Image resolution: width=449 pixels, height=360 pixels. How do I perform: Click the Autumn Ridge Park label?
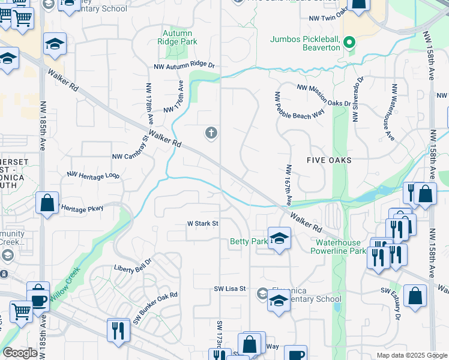pyautogui.click(x=177, y=38)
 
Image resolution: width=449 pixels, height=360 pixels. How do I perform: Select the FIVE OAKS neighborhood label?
pyautogui.click(x=329, y=160)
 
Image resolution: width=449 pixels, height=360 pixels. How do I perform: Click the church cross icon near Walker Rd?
pyautogui.click(x=211, y=133)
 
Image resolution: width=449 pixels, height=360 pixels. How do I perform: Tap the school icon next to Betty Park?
pyautogui.click(x=279, y=239)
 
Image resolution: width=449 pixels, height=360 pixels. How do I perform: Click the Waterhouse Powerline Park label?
pyautogui.click(x=341, y=247)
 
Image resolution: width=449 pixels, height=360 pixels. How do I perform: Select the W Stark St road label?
pyautogui.click(x=202, y=224)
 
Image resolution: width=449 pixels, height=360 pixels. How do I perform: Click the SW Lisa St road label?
pyautogui.click(x=231, y=289)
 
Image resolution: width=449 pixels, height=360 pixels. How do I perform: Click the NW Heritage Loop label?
pyautogui.click(x=93, y=176)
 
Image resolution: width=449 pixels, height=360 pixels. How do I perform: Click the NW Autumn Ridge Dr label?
pyautogui.click(x=184, y=66)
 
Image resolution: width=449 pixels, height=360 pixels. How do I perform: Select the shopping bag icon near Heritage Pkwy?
pyautogui.click(x=47, y=203)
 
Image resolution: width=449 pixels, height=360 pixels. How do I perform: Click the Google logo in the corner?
pyautogui.click(x=20, y=353)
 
